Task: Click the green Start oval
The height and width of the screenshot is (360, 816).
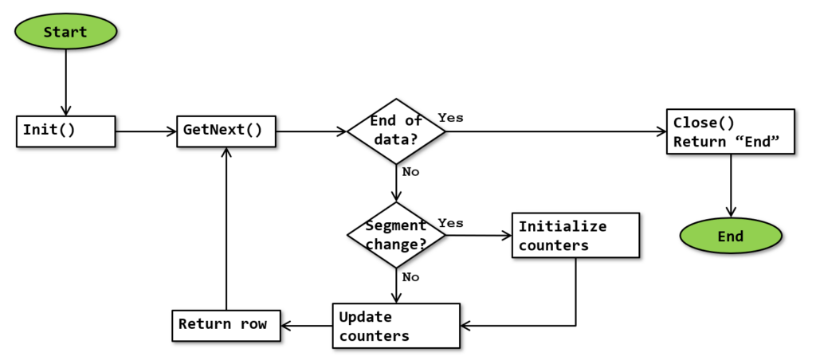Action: (65, 32)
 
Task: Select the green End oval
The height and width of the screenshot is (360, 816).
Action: (730, 237)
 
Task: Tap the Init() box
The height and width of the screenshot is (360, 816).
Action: (66, 130)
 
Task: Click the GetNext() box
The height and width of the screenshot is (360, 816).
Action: (226, 130)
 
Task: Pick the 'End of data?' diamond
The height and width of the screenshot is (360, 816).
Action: (396, 131)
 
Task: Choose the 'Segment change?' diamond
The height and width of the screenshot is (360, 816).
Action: (396, 234)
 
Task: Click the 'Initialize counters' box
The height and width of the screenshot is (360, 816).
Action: (575, 236)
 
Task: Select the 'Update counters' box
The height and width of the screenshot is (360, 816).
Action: (395, 325)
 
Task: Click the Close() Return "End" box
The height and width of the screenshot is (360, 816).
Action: (730, 131)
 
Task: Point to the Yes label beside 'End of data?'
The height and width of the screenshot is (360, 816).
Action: (450, 117)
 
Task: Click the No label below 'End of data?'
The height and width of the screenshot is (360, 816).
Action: (410, 172)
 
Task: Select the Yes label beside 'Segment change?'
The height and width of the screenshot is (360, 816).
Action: (450, 223)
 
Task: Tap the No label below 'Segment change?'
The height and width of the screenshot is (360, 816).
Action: (410, 277)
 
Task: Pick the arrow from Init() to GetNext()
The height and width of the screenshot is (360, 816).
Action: (146, 131)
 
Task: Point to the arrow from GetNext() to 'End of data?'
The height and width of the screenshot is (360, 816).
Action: (311, 131)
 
